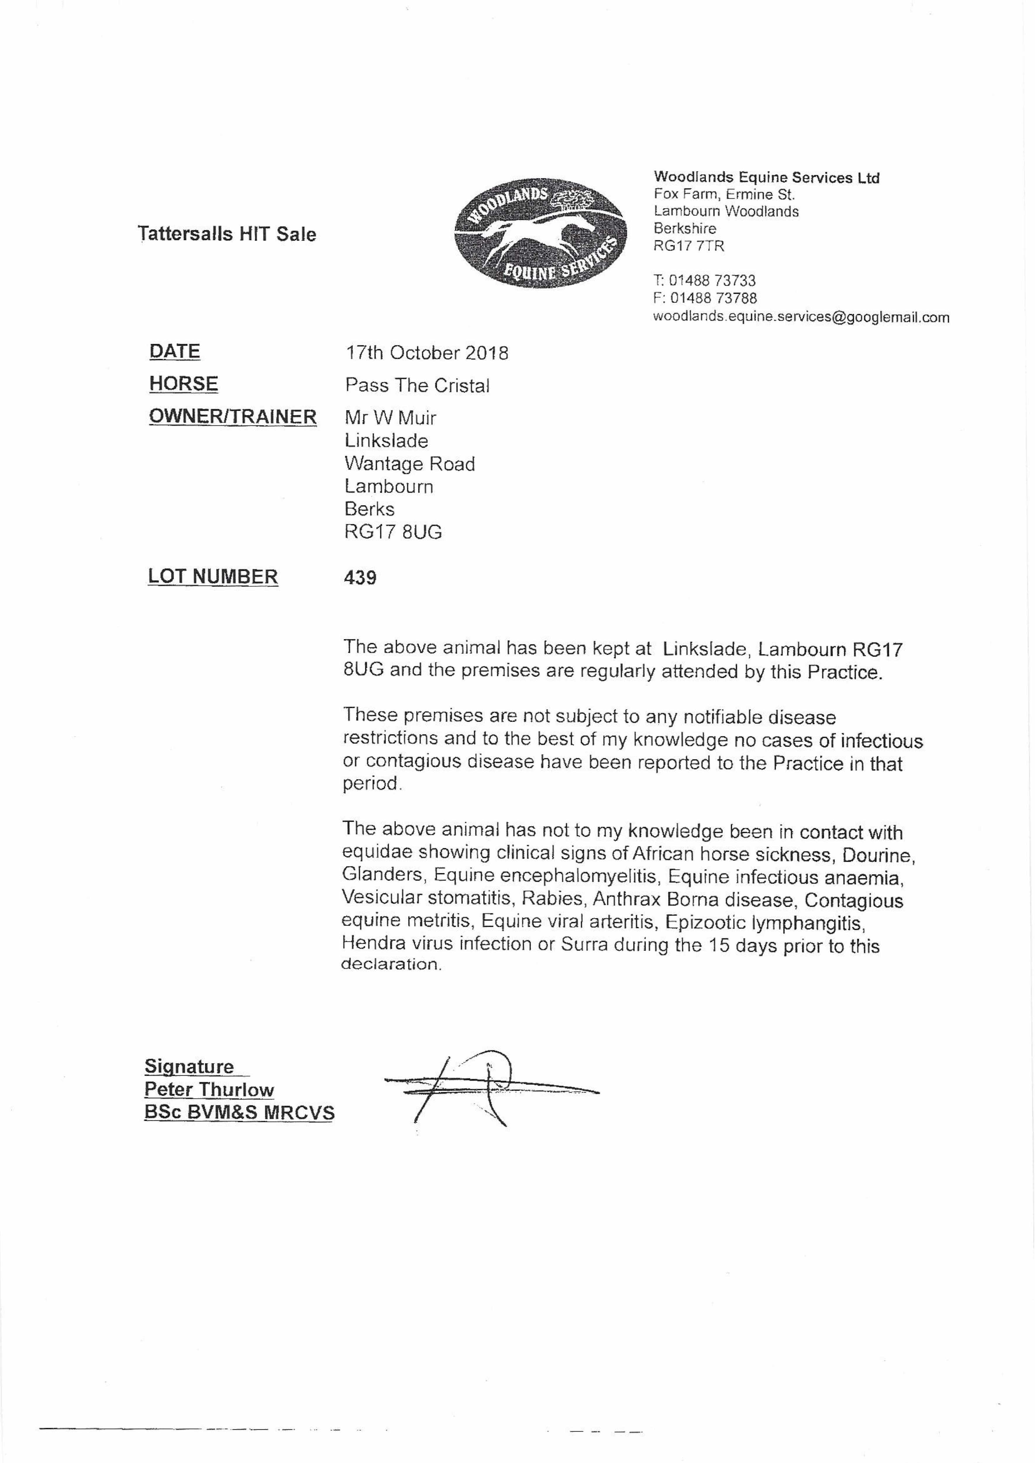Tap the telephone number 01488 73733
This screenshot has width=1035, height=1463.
tap(712, 281)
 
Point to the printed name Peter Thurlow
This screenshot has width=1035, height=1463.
tap(209, 1089)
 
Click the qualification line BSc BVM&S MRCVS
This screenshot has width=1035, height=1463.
tap(239, 1112)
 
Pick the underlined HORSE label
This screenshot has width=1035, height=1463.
tap(184, 384)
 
